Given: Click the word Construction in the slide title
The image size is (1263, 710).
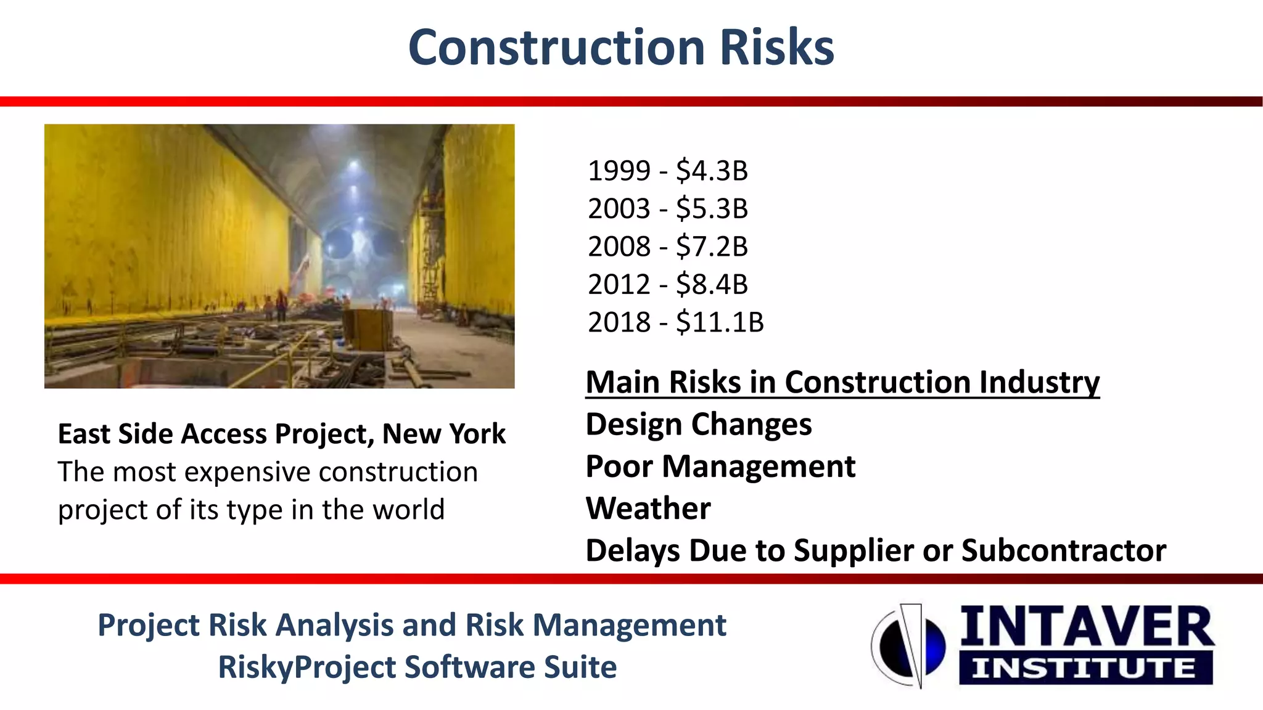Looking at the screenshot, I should click(556, 48).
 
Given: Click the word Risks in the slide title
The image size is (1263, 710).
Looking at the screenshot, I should click(776, 48).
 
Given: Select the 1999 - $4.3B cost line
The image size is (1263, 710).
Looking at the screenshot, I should click(667, 171).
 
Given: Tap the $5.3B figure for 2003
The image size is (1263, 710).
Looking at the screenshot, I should click(712, 209).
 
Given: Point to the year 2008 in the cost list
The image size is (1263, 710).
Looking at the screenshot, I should click(619, 247).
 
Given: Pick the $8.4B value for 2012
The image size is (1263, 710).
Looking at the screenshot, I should click(712, 285).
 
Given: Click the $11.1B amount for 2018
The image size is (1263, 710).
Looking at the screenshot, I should click(720, 322).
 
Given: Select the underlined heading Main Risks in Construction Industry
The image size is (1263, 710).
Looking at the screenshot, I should click(842, 382).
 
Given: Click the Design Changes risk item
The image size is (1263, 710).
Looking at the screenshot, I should click(698, 425).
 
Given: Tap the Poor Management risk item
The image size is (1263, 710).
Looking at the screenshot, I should click(720, 467).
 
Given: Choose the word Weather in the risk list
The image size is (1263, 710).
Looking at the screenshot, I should click(648, 508).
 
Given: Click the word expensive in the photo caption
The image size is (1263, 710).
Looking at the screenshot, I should click(248, 472).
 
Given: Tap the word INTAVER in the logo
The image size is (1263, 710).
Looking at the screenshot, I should click(1087, 627).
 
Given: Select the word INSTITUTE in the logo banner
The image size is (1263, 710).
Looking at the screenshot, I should click(1084, 669).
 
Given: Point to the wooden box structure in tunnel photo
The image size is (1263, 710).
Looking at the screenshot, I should click(368, 329).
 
